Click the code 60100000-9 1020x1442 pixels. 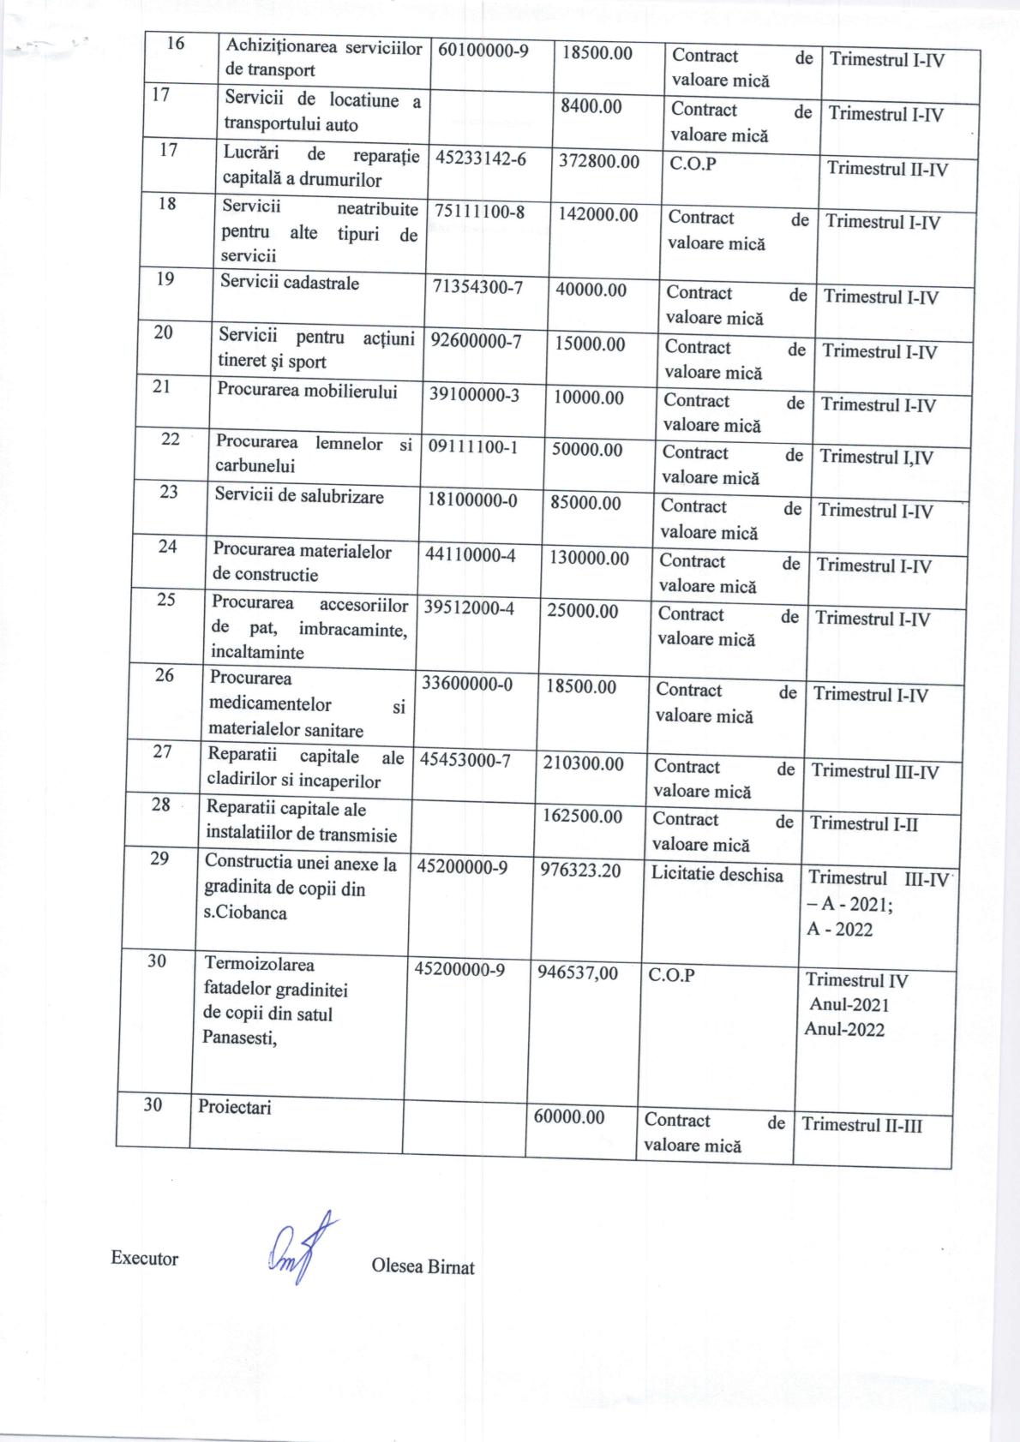(x=483, y=51)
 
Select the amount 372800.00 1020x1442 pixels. (x=599, y=161)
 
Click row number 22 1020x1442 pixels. (x=171, y=439)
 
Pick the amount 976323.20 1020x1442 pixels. (x=584, y=870)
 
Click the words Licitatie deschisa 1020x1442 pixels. (x=717, y=875)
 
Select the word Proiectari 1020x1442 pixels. (x=235, y=1107)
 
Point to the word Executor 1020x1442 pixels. (x=145, y=1259)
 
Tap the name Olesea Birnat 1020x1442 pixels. (x=423, y=1266)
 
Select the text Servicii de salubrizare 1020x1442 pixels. (x=299, y=496)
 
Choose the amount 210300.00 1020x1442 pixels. (x=584, y=763)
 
